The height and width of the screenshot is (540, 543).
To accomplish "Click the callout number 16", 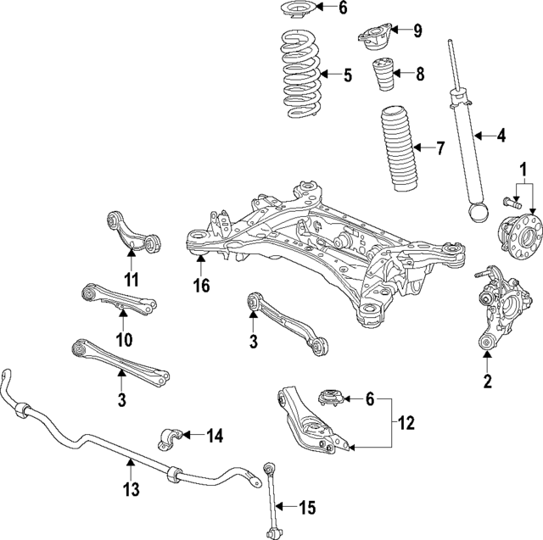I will tap(200, 287).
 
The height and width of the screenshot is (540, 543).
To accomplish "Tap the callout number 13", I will tap(130, 490).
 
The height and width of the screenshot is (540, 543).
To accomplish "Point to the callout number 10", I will tap(123, 341).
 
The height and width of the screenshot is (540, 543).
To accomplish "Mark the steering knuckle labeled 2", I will tap(495, 309).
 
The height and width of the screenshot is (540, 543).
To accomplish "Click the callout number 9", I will tap(417, 32).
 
